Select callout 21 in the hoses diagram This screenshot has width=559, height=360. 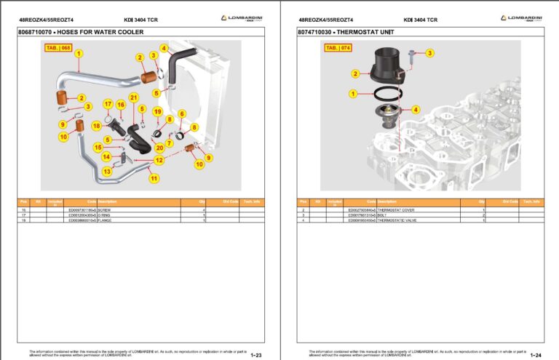pos(133,97)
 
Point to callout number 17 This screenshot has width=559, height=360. pos(108,103)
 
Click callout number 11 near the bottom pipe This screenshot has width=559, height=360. pos(153,178)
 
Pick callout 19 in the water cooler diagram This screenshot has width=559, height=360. pos(157,111)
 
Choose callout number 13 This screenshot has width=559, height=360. pos(107,172)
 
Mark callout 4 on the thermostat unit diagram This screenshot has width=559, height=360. pos(416,110)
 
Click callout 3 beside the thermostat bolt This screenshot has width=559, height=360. pos(429,53)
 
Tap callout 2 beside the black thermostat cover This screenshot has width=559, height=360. pos(355,73)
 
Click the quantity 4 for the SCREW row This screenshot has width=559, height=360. pos(203,210)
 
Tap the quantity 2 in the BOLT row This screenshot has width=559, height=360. pos(483,215)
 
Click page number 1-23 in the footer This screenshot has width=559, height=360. pos(256,355)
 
